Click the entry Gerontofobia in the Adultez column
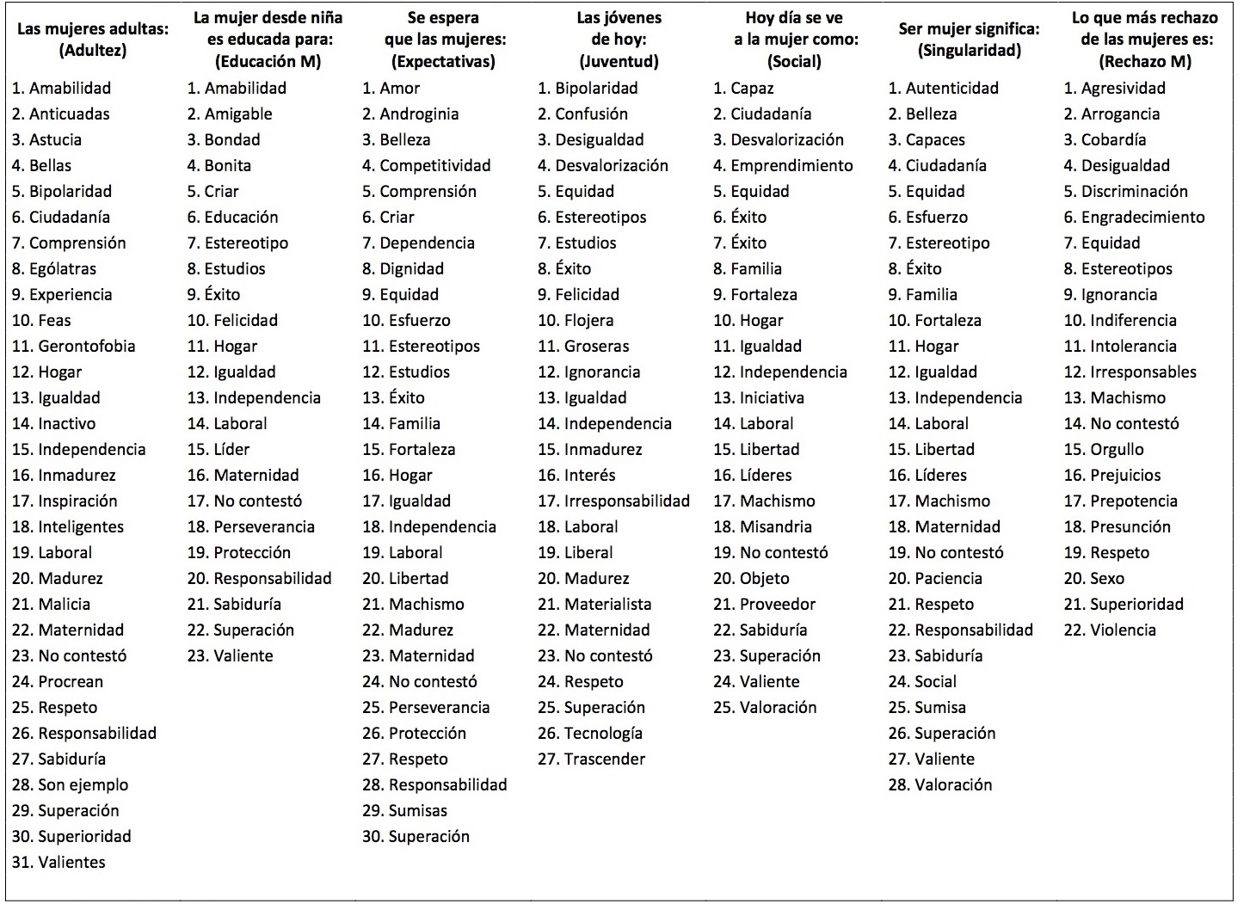click(x=86, y=347)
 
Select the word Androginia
click(x=419, y=114)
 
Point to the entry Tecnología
click(x=603, y=734)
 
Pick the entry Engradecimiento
click(x=1142, y=218)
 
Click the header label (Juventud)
click(x=619, y=62)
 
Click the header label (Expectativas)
click(x=443, y=62)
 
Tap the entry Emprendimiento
click(x=791, y=166)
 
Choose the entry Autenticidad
click(x=951, y=89)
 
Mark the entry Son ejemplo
click(x=83, y=785)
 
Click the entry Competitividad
click(x=434, y=166)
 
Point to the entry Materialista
click(x=607, y=605)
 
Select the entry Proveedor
click(x=777, y=605)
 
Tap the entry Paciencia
click(x=948, y=579)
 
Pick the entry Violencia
click(x=1123, y=630)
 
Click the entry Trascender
click(x=604, y=759)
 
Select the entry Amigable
click(x=238, y=114)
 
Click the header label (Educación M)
click(x=268, y=62)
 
